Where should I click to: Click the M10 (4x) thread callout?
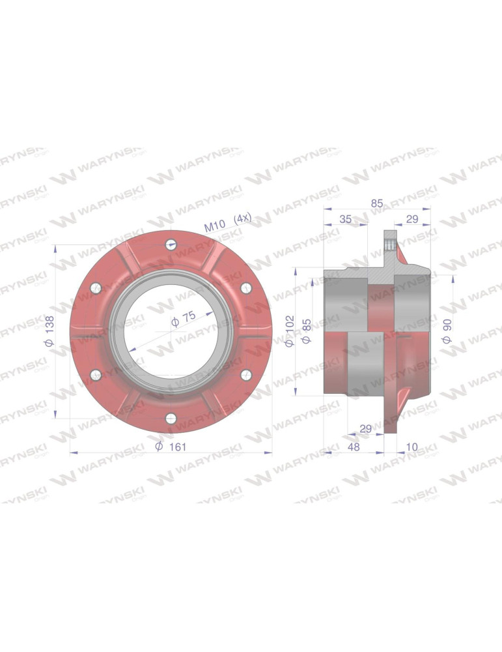coord(228,222)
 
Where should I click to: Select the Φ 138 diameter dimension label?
coord(49,331)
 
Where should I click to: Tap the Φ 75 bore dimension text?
coord(184,319)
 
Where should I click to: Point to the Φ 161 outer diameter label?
coord(171,447)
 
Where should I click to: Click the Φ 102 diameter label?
coord(289,331)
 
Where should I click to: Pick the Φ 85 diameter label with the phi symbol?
coord(307,331)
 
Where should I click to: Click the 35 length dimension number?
coord(346,219)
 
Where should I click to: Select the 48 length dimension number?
coord(354,447)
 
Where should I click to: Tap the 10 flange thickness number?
coord(411,447)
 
